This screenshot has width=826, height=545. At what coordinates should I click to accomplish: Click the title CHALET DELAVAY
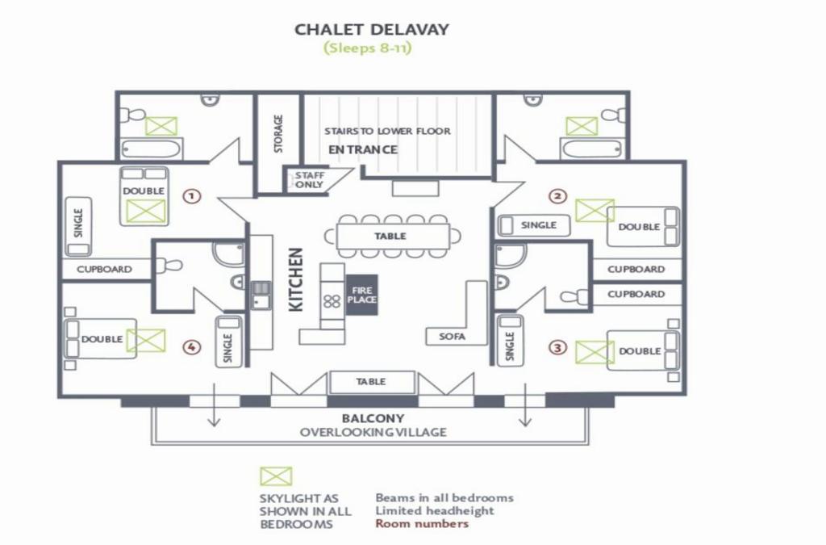click(x=371, y=29)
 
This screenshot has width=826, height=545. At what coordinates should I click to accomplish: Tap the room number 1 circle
click(x=192, y=196)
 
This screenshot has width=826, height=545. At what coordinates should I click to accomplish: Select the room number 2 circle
click(x=557, y=196)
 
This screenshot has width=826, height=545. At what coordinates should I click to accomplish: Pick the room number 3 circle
click(x=558, y=347)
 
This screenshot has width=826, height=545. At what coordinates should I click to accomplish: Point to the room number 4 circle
click(x=192, y=347)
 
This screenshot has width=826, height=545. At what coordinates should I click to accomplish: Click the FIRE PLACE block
click(x=362, y=295)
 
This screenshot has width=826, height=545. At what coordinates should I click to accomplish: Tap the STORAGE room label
click(x=278, y=134)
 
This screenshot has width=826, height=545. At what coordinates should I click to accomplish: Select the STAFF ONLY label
click(x=310, y=180)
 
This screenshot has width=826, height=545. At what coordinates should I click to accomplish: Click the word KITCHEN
click(x=296, y=280)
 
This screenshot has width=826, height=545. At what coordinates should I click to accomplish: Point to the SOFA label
click(x=453, y=336)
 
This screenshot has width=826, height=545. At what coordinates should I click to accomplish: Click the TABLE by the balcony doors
click(x=372, y=382)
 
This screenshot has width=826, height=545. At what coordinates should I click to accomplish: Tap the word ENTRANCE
click(x=363, y=149)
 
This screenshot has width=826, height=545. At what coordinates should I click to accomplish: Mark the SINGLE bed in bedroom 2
click(x=534, y=225)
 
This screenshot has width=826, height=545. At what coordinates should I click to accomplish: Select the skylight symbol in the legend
click(x=276, y=476)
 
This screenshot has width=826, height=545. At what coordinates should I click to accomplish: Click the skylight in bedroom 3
click(x=594, y=353)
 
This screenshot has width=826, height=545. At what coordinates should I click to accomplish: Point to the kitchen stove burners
click(x=332, y=301)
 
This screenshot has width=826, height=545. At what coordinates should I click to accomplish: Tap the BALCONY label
click(x=373, y=419)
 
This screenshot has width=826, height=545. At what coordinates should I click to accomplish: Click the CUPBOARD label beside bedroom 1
click(x=104, y=270)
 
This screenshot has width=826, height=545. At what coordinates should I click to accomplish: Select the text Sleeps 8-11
click(x=368, y=48)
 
